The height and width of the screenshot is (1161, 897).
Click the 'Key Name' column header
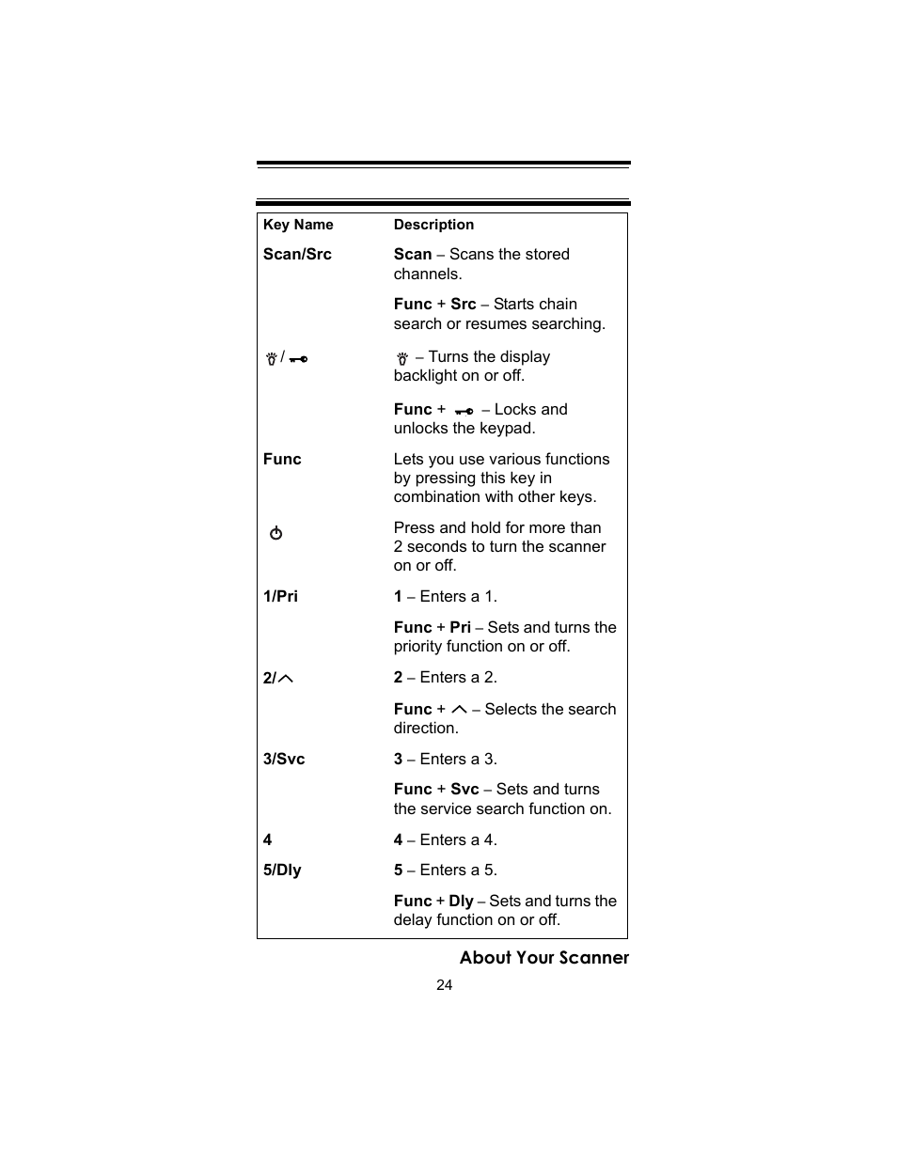[298, 225]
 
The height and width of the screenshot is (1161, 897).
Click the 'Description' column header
[433, 225]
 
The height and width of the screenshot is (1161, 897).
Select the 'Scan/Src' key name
[297, 255]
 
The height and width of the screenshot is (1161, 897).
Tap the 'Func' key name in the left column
[282, 460]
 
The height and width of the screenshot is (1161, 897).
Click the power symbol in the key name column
[275, 533]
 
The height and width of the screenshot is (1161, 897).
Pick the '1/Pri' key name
[280, 597]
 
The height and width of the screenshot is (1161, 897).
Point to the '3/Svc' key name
[284, 760]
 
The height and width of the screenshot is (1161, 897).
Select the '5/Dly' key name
[282, 871]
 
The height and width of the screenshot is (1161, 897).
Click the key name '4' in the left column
[268, 840]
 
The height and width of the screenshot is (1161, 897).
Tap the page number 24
[445, 985]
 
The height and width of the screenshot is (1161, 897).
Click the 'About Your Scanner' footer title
[543, 958]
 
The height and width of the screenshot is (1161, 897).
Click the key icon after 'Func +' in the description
[464, 411]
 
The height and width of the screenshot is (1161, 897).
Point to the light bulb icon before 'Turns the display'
[402, 358]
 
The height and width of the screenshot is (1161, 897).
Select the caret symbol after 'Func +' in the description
[459, 709]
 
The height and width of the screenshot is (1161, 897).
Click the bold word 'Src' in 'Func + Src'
[463, 305]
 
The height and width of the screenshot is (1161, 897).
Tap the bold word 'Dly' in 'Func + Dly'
[461, 901]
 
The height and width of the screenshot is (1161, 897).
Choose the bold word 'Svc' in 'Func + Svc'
[464, 790]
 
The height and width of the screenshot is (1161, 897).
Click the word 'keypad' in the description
[509, 429]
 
